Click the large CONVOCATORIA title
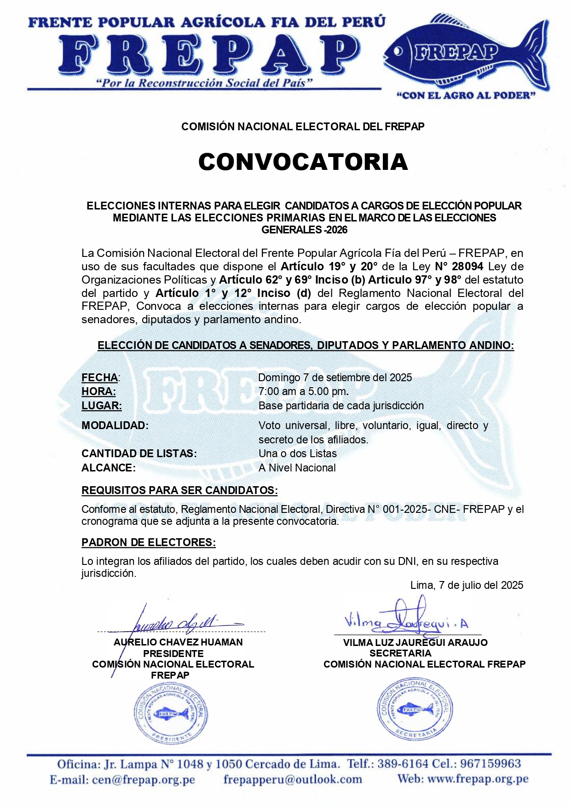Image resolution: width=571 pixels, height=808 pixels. pos(303,162)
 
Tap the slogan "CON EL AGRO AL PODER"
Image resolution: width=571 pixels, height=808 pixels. pos(466,95)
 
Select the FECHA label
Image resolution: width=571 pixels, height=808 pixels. pos(100,378)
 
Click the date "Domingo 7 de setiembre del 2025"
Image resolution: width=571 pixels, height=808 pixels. pos(335,378)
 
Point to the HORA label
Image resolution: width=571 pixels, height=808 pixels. pos(98,391)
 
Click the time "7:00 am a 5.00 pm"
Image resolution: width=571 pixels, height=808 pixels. pos(303,391)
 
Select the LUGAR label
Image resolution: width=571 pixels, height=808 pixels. pos(102,406)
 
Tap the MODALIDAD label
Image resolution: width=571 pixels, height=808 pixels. pos(115,425)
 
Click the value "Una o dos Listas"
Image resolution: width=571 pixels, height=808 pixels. pos(298,453)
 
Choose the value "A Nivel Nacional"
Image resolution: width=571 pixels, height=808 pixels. pos(297,468)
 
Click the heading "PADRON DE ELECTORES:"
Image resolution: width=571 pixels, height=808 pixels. pos(149,542)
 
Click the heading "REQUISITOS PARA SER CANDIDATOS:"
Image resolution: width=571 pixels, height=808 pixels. pos(179,490)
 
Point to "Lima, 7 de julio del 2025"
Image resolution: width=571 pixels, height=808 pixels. pos(467,585)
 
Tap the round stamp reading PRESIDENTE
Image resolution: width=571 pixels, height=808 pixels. pos(171,713)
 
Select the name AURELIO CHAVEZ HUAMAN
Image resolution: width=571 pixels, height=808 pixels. pos(179,642)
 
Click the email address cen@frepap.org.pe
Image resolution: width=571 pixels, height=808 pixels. pos(143,779)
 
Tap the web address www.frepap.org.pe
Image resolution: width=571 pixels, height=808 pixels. pos(478,779)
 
